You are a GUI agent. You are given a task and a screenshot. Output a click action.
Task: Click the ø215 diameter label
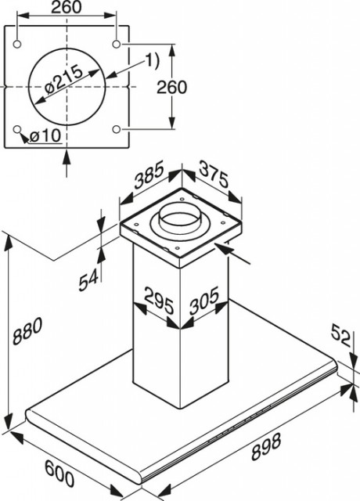(x=64, y=80)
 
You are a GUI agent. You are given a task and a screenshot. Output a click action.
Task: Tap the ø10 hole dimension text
(x=45, y=136)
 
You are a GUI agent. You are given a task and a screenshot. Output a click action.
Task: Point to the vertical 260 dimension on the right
(x=171, y=87)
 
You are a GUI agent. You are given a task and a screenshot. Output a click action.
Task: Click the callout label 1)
(x=152, y=61)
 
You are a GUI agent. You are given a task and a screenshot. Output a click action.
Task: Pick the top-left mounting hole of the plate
(x=17, y=44)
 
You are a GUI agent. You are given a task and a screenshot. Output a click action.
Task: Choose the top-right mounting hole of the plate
(x=117, y=44)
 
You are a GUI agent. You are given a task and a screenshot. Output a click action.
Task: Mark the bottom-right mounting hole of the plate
(x=117, y=129)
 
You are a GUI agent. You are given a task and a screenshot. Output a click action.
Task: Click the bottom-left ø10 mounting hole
(x=17, y=129)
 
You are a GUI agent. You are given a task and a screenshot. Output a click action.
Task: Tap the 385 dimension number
(x=149, y=175)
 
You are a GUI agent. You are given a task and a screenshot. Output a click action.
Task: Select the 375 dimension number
(x=214, y=175)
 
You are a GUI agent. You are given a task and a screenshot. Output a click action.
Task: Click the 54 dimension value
(x=88, y=279)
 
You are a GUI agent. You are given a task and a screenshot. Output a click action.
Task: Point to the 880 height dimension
(x=27, y=331)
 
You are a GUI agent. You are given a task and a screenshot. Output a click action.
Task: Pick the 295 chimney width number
(x=159, y=301)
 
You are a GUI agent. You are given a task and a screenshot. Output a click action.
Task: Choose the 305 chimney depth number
(x=204, y=300)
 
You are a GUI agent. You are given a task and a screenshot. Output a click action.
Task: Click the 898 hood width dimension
(x=266, y=446)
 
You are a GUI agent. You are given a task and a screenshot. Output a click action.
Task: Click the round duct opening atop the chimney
(x=181, y=218)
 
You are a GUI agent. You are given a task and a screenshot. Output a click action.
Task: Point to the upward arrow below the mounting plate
(x=67, y=163)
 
